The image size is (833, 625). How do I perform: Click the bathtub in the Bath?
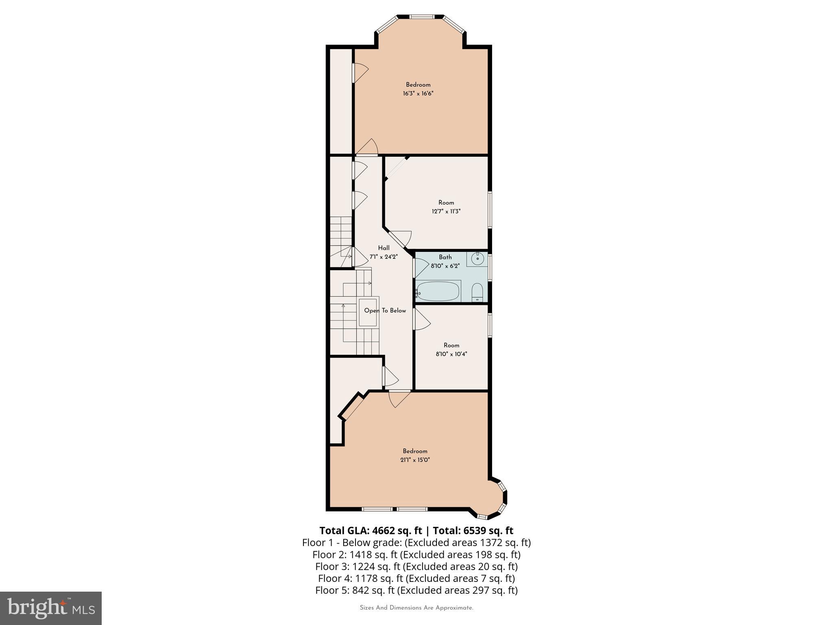pyautogui.click(x=438, y=291)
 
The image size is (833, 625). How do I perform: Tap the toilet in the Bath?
pyautogui.click(x=477, y=293)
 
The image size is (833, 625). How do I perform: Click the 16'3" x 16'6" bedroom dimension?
pyautogui.click(x=418, y=94)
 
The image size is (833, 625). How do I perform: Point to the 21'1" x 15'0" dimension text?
pyautogui.click(x=415, y=460)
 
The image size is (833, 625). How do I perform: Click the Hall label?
pyautogui.click(x=384, y=248)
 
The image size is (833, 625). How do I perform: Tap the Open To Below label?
pyautogui.click(x=385, y=310)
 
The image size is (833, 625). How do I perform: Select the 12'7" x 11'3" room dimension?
pyautogui.click(x=446, y=212)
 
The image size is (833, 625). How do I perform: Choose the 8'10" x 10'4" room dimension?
pyautogui.click(x=451, y=354)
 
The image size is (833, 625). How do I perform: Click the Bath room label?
pyautogui.click(x=445, y=257)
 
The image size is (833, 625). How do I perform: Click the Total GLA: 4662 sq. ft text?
pyautogui.click(x=370, y=531)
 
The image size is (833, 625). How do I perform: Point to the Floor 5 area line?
pyautogui.click(x=416, y=590)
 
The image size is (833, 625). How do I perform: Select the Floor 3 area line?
pyautogui.click(x=416, y=566)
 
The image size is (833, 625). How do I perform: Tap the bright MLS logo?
pyautogui.click(x=51, y=608)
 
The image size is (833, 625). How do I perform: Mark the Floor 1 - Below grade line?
pyautogui.click(x=416, y=542)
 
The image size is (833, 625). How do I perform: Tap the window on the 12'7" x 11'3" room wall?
pyautogui.click(x=490, y=210)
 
